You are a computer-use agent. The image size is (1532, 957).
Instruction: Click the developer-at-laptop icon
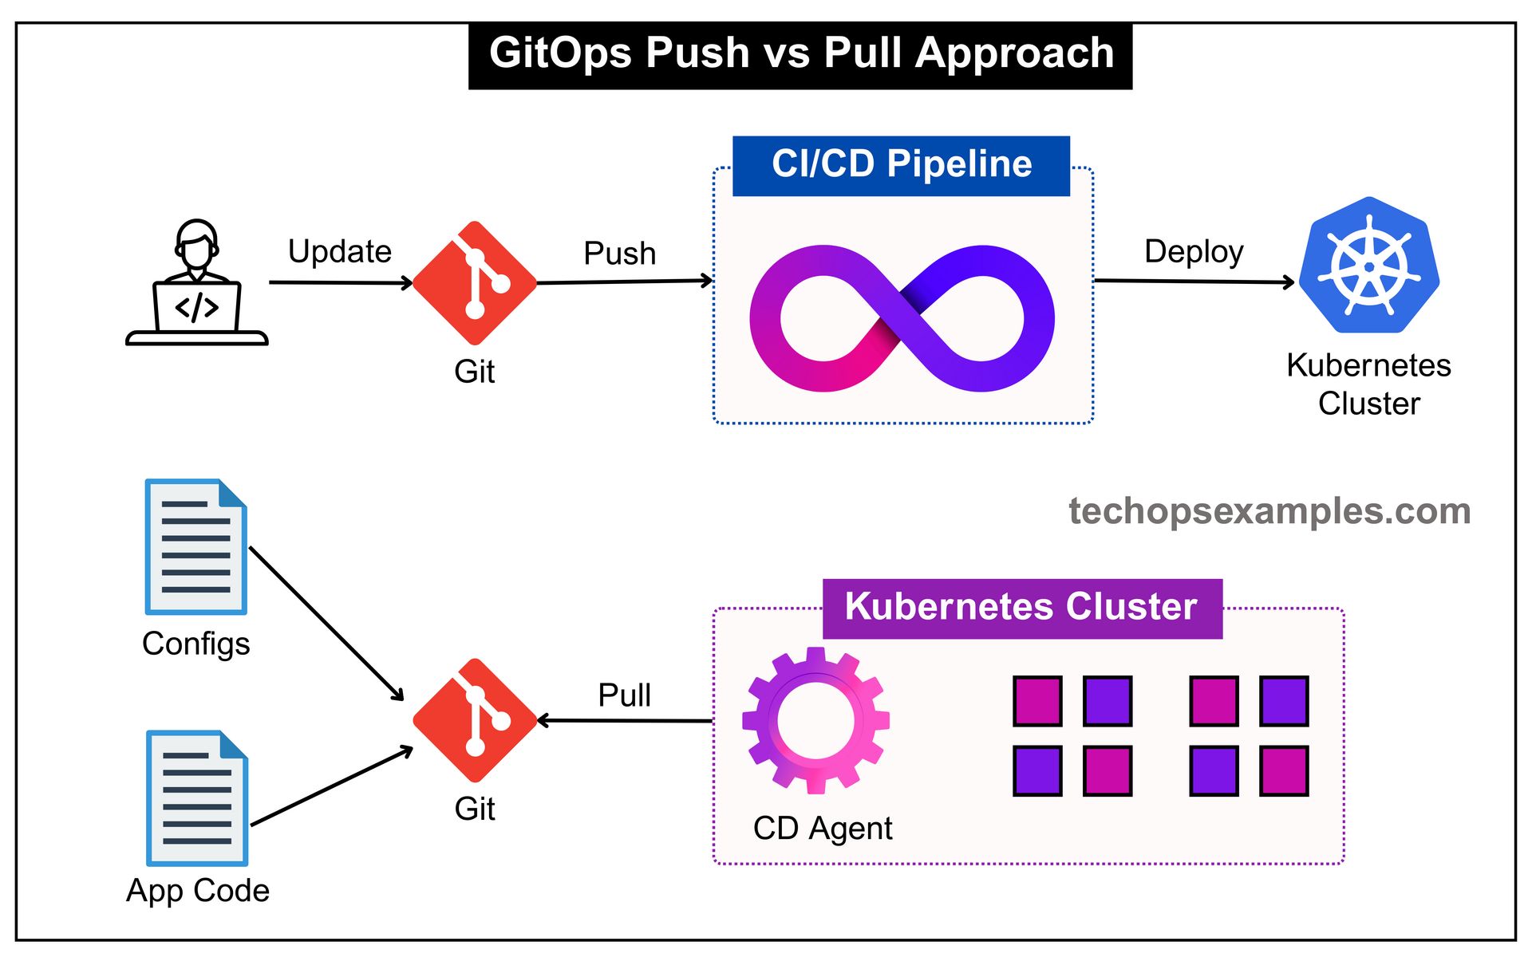[x=196, y=282]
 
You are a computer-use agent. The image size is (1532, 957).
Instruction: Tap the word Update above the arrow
[x=340, y=251]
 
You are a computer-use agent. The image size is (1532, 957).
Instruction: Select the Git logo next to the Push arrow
[x=475, y=283]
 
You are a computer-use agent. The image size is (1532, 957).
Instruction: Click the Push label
[x=620, y=254]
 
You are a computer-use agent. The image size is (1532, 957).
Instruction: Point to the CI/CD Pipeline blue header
[x=901, y=165]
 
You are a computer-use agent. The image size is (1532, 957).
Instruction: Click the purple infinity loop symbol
[x=902, y=318]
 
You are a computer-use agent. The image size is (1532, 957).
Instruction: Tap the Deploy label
[x=1194, y=252]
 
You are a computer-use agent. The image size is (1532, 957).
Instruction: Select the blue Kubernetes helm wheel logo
[x=1369, y=266]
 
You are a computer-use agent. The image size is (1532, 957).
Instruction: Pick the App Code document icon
[x=197, y=797]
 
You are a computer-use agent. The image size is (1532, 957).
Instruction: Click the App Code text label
[x=198, y=890]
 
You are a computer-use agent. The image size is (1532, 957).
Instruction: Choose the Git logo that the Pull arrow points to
[x=475, y=720]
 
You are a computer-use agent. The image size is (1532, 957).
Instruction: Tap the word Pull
[x=625, y=695]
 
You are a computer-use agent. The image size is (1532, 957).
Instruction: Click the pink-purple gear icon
[x=815, y=720]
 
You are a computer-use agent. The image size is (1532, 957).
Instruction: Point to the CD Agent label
[x=823, y=829]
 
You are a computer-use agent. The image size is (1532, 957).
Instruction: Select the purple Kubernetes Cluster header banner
[x=1022, y=608]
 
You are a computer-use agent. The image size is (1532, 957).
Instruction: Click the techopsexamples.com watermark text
[x=1269, y=511]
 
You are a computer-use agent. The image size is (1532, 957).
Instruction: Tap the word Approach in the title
[x=1014, y=53]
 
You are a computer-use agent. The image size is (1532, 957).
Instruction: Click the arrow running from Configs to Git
[x=327, y=624]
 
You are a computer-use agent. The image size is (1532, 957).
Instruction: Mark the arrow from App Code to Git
[x=331, y=786]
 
